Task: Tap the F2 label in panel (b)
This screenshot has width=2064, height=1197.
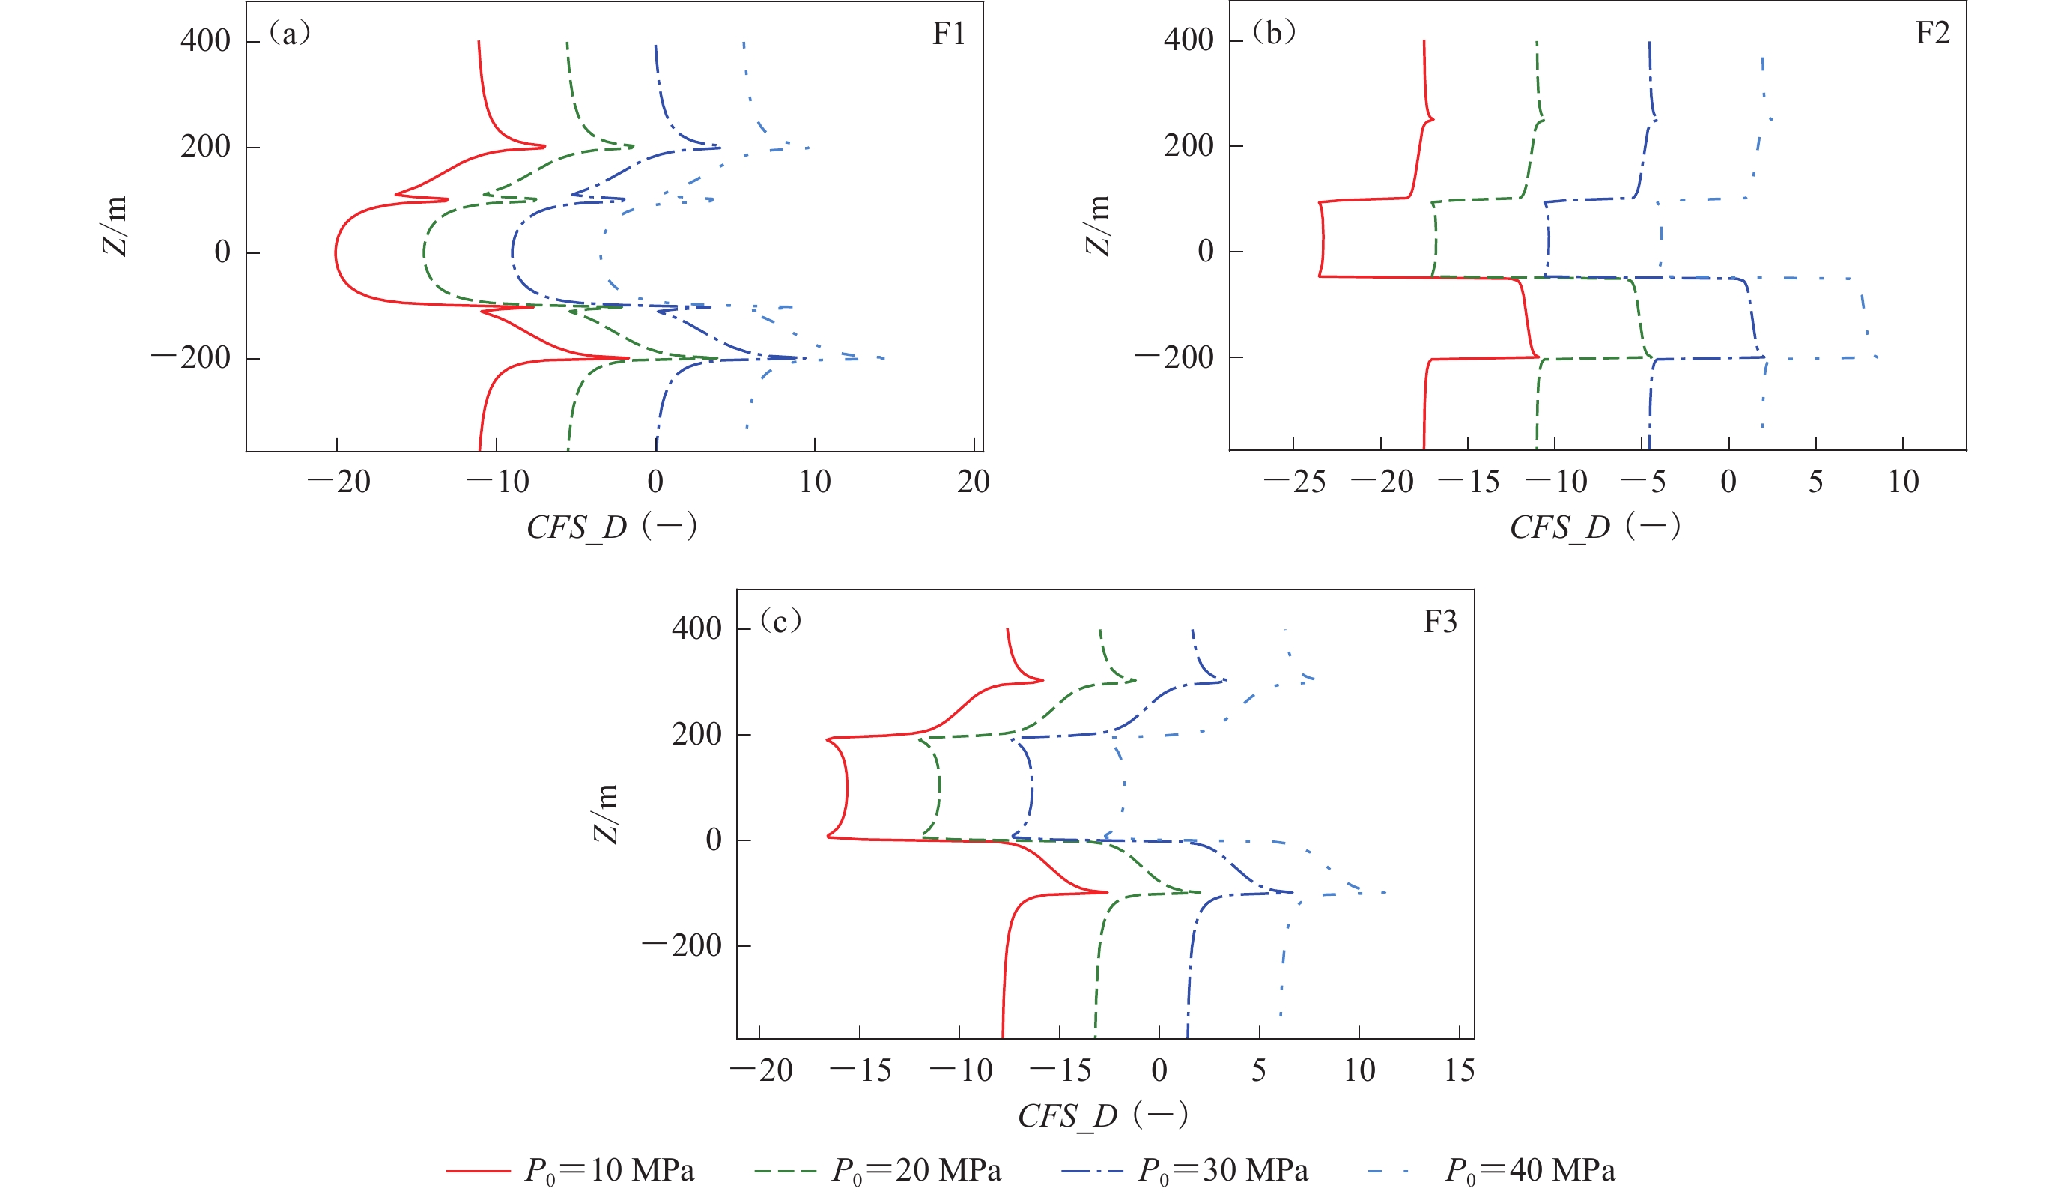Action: pyautogui.click(x=1932, y=34)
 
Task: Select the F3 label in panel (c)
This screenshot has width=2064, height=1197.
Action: pyautogui.click(x=1440, y=622)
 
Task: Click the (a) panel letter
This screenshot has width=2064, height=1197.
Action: pyautogui.click(x=289, y=34)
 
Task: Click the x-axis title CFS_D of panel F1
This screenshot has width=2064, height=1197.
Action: pyautogui.click(x=611, y=527)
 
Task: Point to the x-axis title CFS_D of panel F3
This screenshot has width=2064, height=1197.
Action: pyautogui.click(x=1102, y=1115)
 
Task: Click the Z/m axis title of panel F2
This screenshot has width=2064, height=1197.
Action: pyautogui.click(x=1097, y=225)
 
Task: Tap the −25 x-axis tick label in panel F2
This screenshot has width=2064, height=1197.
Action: pyautogui.click(x=1295, y=482)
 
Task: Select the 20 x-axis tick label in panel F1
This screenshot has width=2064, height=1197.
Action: pyautogui.click(x=973, y=482)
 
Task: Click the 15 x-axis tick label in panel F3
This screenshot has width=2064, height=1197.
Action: pyautogui.click(x=1459, y=1070)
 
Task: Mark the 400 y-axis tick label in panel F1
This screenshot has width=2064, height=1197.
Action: pyautogui.click(x=206, y=40)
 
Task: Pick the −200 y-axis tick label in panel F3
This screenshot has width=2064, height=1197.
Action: pyautogui.click(x=682, y=945)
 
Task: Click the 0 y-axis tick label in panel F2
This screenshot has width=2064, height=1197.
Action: pyautogui.click(x=1206, y=252)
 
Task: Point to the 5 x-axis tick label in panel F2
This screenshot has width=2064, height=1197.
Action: pyautogui.click(x=1816, y=482)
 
